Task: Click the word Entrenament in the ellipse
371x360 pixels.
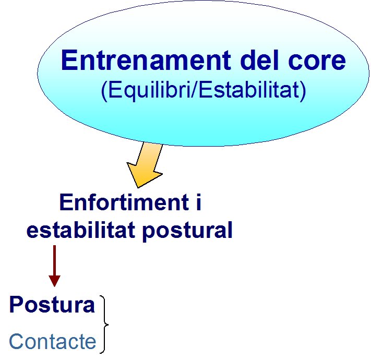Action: (146, 60)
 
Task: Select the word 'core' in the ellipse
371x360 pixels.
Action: (317, 62)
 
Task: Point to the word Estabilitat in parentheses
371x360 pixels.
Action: (249, 90)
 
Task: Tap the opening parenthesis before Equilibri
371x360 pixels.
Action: (104, 91)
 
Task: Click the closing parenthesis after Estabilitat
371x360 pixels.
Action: (303, 91)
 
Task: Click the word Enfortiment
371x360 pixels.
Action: (124, 202)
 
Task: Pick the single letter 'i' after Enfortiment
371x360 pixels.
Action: (199, 202)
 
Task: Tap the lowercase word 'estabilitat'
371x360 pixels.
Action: (81, 229)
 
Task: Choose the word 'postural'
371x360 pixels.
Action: (187, 231)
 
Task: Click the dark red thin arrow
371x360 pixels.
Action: (55, 266)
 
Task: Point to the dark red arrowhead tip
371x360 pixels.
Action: (55, 286)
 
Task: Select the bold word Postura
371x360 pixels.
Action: (52, 305)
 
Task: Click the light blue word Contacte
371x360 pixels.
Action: (53, 341)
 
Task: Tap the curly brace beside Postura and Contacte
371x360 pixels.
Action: (104, 325)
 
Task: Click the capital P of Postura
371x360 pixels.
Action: (17, 304)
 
